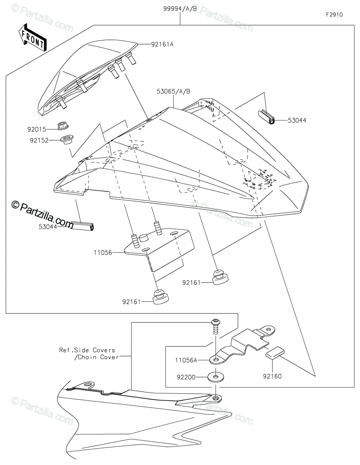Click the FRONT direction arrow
tap(32, 38)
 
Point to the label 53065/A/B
tap(173, 91)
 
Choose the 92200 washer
tap(215, 376)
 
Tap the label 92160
tap(272, 376)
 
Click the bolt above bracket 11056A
tap(215, 325)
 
